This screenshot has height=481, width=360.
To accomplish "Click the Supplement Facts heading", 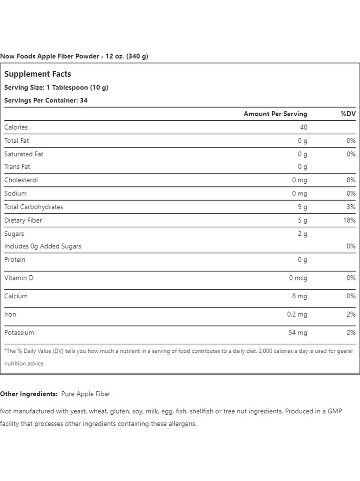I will tap(38, 74).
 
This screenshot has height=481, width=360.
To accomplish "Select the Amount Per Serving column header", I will tap(275, 114).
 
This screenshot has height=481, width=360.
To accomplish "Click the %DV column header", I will tap(348, 114).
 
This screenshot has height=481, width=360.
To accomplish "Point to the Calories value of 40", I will tap(303, 127).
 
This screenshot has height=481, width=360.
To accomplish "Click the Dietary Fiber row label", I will tap(23, 220).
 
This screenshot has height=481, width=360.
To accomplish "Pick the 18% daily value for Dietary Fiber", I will tap(349, 220).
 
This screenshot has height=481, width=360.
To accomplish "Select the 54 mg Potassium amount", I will tap(298, 333).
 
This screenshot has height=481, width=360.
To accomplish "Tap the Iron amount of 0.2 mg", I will tap(297, 314).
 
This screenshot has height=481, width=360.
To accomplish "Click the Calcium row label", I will tap(16, 296).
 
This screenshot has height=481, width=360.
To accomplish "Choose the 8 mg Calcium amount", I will tap(299, 296).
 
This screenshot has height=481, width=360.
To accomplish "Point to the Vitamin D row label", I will tap(19, 278).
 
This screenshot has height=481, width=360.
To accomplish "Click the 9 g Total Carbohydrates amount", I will tap(302, 207).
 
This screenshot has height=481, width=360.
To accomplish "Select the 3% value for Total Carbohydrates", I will tap(351, 207).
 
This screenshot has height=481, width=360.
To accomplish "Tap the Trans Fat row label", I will tap(17, 166).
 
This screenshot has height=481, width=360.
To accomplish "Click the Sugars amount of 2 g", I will tap(302, 233).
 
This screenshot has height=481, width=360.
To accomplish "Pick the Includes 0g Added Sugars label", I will tap(43, 246).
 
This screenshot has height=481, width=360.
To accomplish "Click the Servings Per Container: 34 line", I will tap(46, 100).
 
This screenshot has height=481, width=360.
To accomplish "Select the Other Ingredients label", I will tap(29, 394).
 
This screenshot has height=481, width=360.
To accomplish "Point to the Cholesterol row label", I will tap(21, 180).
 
